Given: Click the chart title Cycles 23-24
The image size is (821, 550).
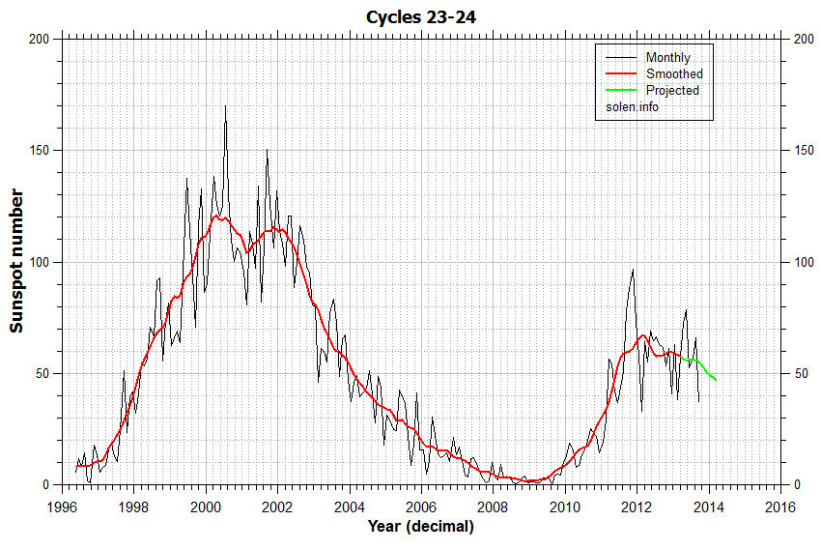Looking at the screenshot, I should [420, 17].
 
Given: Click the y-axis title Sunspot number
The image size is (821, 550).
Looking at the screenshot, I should [17, 261].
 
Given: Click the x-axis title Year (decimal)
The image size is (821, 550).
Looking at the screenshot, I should [420, 527].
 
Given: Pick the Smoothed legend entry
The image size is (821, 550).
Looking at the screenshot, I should [674, 74].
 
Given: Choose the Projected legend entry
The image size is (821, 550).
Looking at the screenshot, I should [672, 91].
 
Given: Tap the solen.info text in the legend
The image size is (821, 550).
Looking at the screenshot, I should [633, 106].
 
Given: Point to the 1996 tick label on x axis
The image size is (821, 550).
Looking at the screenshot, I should [63, 506].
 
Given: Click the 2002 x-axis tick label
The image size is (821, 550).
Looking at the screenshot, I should [277, 506].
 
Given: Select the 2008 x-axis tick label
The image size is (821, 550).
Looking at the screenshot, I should [493, 506].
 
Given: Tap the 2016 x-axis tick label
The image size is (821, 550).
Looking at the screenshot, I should [779, 506].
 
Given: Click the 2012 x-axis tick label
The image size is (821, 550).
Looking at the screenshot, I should [637, 506].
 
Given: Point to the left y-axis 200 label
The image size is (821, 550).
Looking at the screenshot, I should [39, 39].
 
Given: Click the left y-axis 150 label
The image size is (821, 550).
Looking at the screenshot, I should [39, 151].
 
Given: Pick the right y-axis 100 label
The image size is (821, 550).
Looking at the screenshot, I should [802, 262].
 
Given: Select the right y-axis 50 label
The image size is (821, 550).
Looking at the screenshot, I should [799, 373].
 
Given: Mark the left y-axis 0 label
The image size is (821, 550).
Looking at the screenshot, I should [45, 485].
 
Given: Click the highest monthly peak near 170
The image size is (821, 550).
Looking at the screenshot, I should [225, 106].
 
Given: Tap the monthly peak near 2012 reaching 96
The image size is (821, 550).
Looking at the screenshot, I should [633, 271].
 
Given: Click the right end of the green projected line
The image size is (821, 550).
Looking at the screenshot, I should [716, 380].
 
